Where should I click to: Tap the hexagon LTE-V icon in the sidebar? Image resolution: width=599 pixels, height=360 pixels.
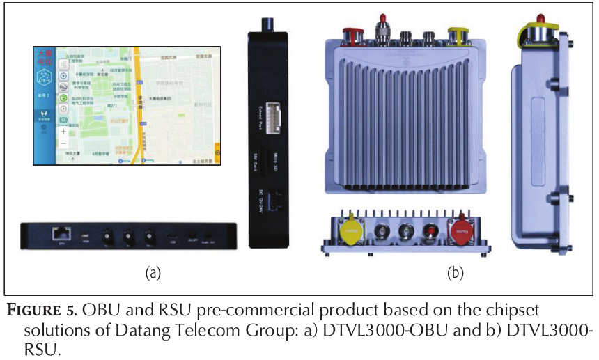point(44,78)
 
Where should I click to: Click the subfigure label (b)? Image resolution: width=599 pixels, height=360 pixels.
point(455,274)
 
